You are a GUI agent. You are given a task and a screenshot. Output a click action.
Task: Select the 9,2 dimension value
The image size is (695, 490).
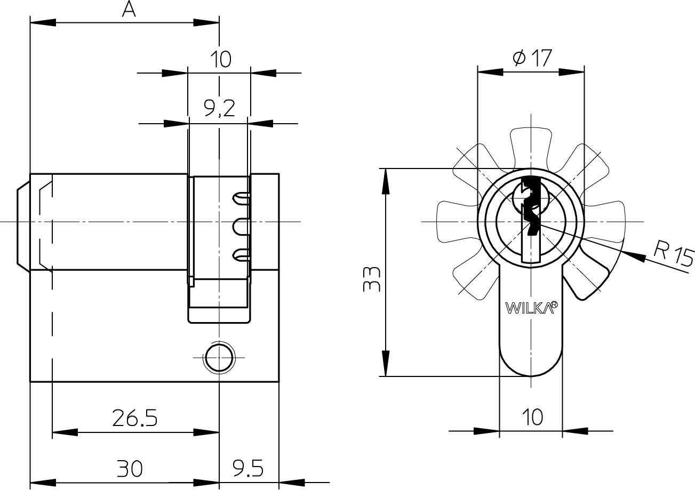219,108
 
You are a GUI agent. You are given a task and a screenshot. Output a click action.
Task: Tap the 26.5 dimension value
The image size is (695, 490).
134,418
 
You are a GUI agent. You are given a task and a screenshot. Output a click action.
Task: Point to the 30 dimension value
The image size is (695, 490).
130,469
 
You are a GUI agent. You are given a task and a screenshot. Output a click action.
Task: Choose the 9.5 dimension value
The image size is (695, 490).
249,469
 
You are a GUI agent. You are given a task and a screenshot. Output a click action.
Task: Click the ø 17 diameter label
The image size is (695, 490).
532,58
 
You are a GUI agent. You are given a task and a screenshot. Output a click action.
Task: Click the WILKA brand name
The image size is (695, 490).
528,308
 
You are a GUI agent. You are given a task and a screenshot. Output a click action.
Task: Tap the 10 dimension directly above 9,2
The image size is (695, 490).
219,59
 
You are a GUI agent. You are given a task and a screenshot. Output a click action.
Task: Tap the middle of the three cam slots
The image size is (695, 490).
241,228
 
